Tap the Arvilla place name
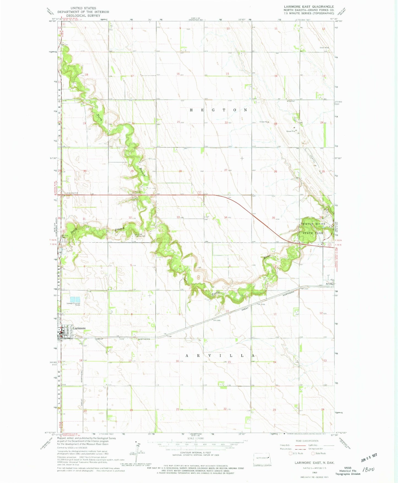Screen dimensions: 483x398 point(329,283)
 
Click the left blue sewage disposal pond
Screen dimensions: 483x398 point(72,299)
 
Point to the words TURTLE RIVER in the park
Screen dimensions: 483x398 point(313,224)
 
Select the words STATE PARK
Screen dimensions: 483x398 point(312,233)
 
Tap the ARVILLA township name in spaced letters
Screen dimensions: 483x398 point(219,356)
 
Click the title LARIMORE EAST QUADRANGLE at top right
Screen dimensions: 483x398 point(309,7)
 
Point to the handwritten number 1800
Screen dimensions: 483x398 point(368,470)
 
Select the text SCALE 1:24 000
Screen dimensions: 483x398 point(196,438)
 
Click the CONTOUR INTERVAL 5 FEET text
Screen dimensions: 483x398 point(196,452)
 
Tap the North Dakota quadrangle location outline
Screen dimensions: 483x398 point(262,459)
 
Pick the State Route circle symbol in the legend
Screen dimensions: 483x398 point(313,453)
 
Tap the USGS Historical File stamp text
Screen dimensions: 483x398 point(348,471)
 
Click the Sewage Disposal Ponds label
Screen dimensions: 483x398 point(73,304)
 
